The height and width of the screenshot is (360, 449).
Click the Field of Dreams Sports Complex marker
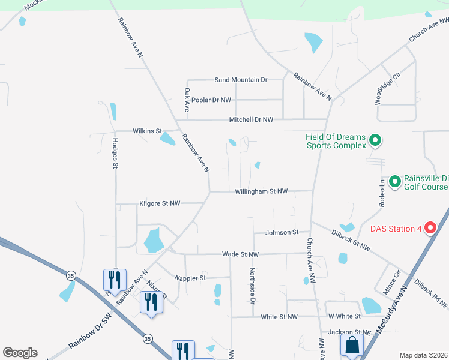click(x=375, y=141)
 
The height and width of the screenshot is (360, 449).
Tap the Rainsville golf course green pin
click(x=394, y=181)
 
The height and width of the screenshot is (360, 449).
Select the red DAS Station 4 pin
click(x=430, y=228)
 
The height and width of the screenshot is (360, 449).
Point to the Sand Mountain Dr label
click(x=241, y=80)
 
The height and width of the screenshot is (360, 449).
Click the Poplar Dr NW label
click(x=211, y=100)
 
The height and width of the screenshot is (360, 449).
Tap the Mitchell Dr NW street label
click(x=251, y=120)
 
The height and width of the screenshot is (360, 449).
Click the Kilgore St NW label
click(x=160, y=203)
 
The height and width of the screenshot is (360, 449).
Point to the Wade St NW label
click(x=240, y=254)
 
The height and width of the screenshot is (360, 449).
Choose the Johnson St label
click(x=283, y=232)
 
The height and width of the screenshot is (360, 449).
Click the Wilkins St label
click(x=147, y=131)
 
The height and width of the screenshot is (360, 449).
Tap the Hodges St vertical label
click(x=115, y=154)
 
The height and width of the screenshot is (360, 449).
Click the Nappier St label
click(x=190, y=278)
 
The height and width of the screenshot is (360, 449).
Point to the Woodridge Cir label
click(x=387, y=89)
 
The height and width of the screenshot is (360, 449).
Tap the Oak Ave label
click(x=187, y=100)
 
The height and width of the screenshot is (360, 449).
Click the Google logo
click(x=20, y=353)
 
